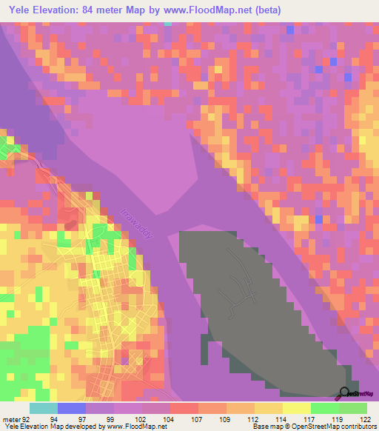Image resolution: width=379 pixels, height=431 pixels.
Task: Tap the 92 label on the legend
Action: pos(27,418)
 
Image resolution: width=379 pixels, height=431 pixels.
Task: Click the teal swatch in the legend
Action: pos(43,408)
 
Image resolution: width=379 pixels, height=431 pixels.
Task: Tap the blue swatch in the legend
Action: pos(71,408)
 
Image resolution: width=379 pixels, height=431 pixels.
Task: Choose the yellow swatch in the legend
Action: pos(295,408)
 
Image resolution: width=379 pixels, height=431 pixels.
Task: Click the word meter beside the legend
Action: pos(10,418)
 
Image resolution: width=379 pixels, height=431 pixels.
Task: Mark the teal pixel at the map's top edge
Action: pos(168,24)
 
